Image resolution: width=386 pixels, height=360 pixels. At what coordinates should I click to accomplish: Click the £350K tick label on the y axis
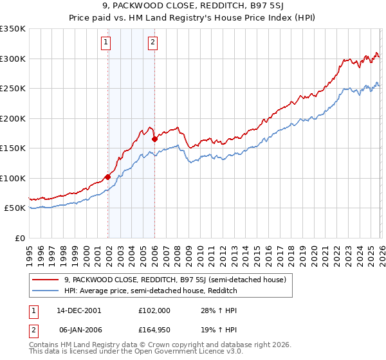(x=13, y=29)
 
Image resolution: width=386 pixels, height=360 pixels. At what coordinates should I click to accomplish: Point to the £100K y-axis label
(x=13, y=178)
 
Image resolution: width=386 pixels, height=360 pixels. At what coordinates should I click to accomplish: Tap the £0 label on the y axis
(x=20, y=238)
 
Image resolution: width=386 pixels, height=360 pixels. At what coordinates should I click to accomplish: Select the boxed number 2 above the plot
(x=152, y=43)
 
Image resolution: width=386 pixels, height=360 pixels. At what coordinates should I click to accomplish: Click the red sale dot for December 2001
(x=107, y=177)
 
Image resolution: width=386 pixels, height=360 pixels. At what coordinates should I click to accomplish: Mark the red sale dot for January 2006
(x=154, y=139)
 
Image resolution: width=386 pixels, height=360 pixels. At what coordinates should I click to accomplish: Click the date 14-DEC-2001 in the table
(x=78, y=310)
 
